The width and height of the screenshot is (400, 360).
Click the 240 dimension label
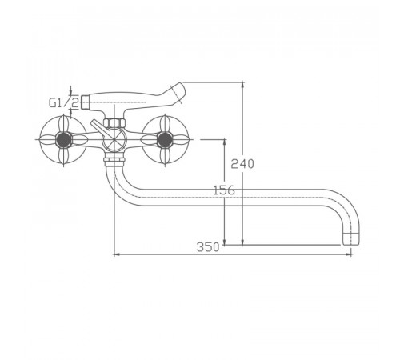[242, 163]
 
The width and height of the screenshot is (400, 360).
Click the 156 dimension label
[224, 190]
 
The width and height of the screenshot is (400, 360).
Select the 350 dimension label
[208, 247]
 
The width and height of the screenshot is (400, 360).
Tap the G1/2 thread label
[64, 102]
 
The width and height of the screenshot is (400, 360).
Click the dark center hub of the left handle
[64, 140]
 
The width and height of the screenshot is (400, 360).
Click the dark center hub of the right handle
[165, 140]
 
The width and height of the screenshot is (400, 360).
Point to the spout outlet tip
[350, 239]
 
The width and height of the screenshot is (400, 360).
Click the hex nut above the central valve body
[114, 123]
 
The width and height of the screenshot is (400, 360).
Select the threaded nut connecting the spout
[114, 161]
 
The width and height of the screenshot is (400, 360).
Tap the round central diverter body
[114, 139]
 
